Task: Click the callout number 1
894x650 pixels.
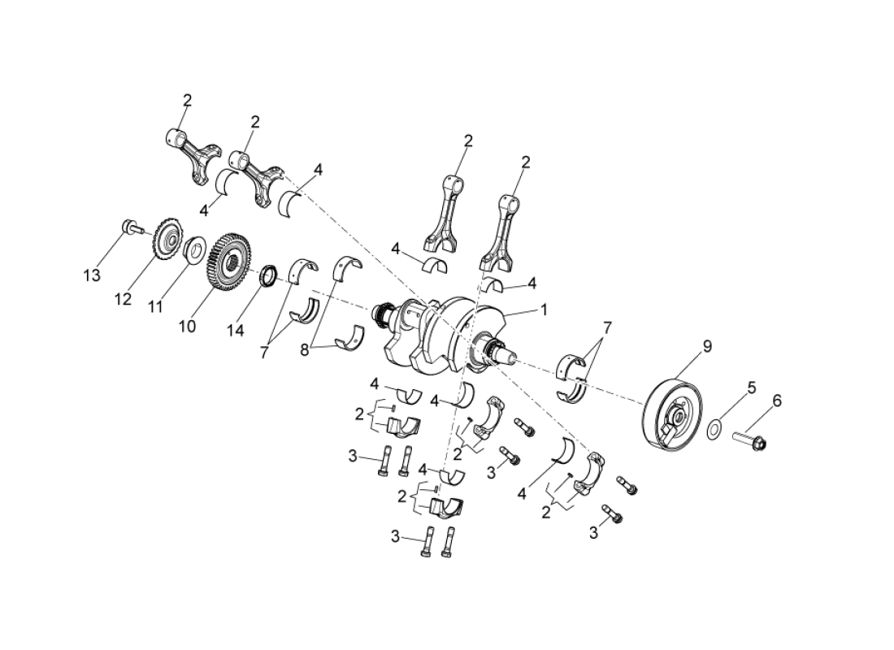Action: click(x=544, y=310)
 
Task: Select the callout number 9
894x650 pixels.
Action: click(x=706, y=347)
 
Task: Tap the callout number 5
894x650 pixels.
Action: click(x=752, y=388)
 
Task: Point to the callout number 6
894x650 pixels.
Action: click(x=776, y=401)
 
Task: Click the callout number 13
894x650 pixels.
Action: click(x=92, y=275)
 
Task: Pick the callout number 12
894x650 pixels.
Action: click(x=123, y=299)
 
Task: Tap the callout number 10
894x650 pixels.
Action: click(x=187, y=326)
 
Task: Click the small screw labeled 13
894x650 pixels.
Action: click(x=130, y=227)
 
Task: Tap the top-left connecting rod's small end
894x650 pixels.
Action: click(x=174, y=135)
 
